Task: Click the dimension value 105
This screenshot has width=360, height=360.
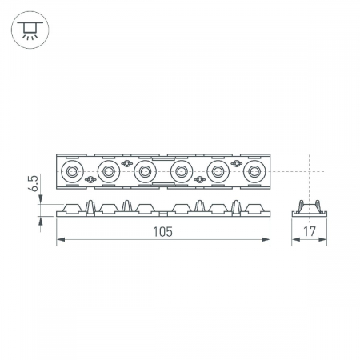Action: (x=162, y=232)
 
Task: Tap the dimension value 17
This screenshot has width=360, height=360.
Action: (x=310, y=231)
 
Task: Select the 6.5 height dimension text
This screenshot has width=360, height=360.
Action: (x=34, y=183)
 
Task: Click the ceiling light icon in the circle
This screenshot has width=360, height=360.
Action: (x=30, y=30)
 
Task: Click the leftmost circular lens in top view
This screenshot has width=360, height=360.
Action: (x=72, y=171)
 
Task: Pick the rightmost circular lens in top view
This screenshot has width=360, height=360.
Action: (x=254, y=171)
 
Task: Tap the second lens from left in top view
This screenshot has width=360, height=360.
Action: (x=109, y=171)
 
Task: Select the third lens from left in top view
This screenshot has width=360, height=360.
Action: (x=146, y=171)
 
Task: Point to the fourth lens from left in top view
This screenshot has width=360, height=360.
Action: (x=182, y=171)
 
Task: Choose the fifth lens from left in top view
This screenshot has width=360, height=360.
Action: (x=218, y=171)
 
